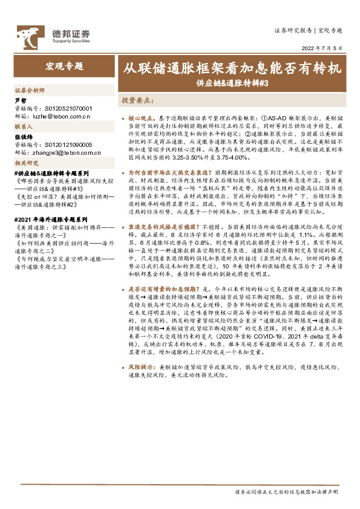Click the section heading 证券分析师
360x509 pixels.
coord(30,89)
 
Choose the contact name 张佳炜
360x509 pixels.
coord(23,137)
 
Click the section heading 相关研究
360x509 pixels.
coord(27,164)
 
